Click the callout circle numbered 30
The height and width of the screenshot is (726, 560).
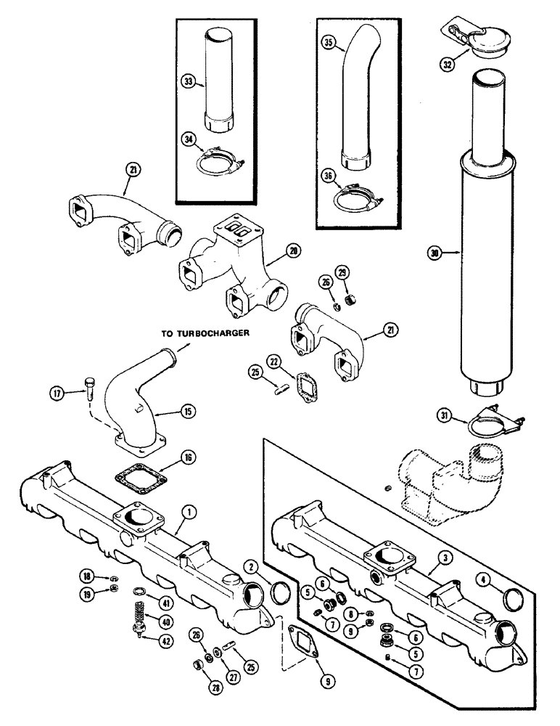click(x=434, y=253)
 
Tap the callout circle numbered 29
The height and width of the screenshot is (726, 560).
click(x=343, y=272)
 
